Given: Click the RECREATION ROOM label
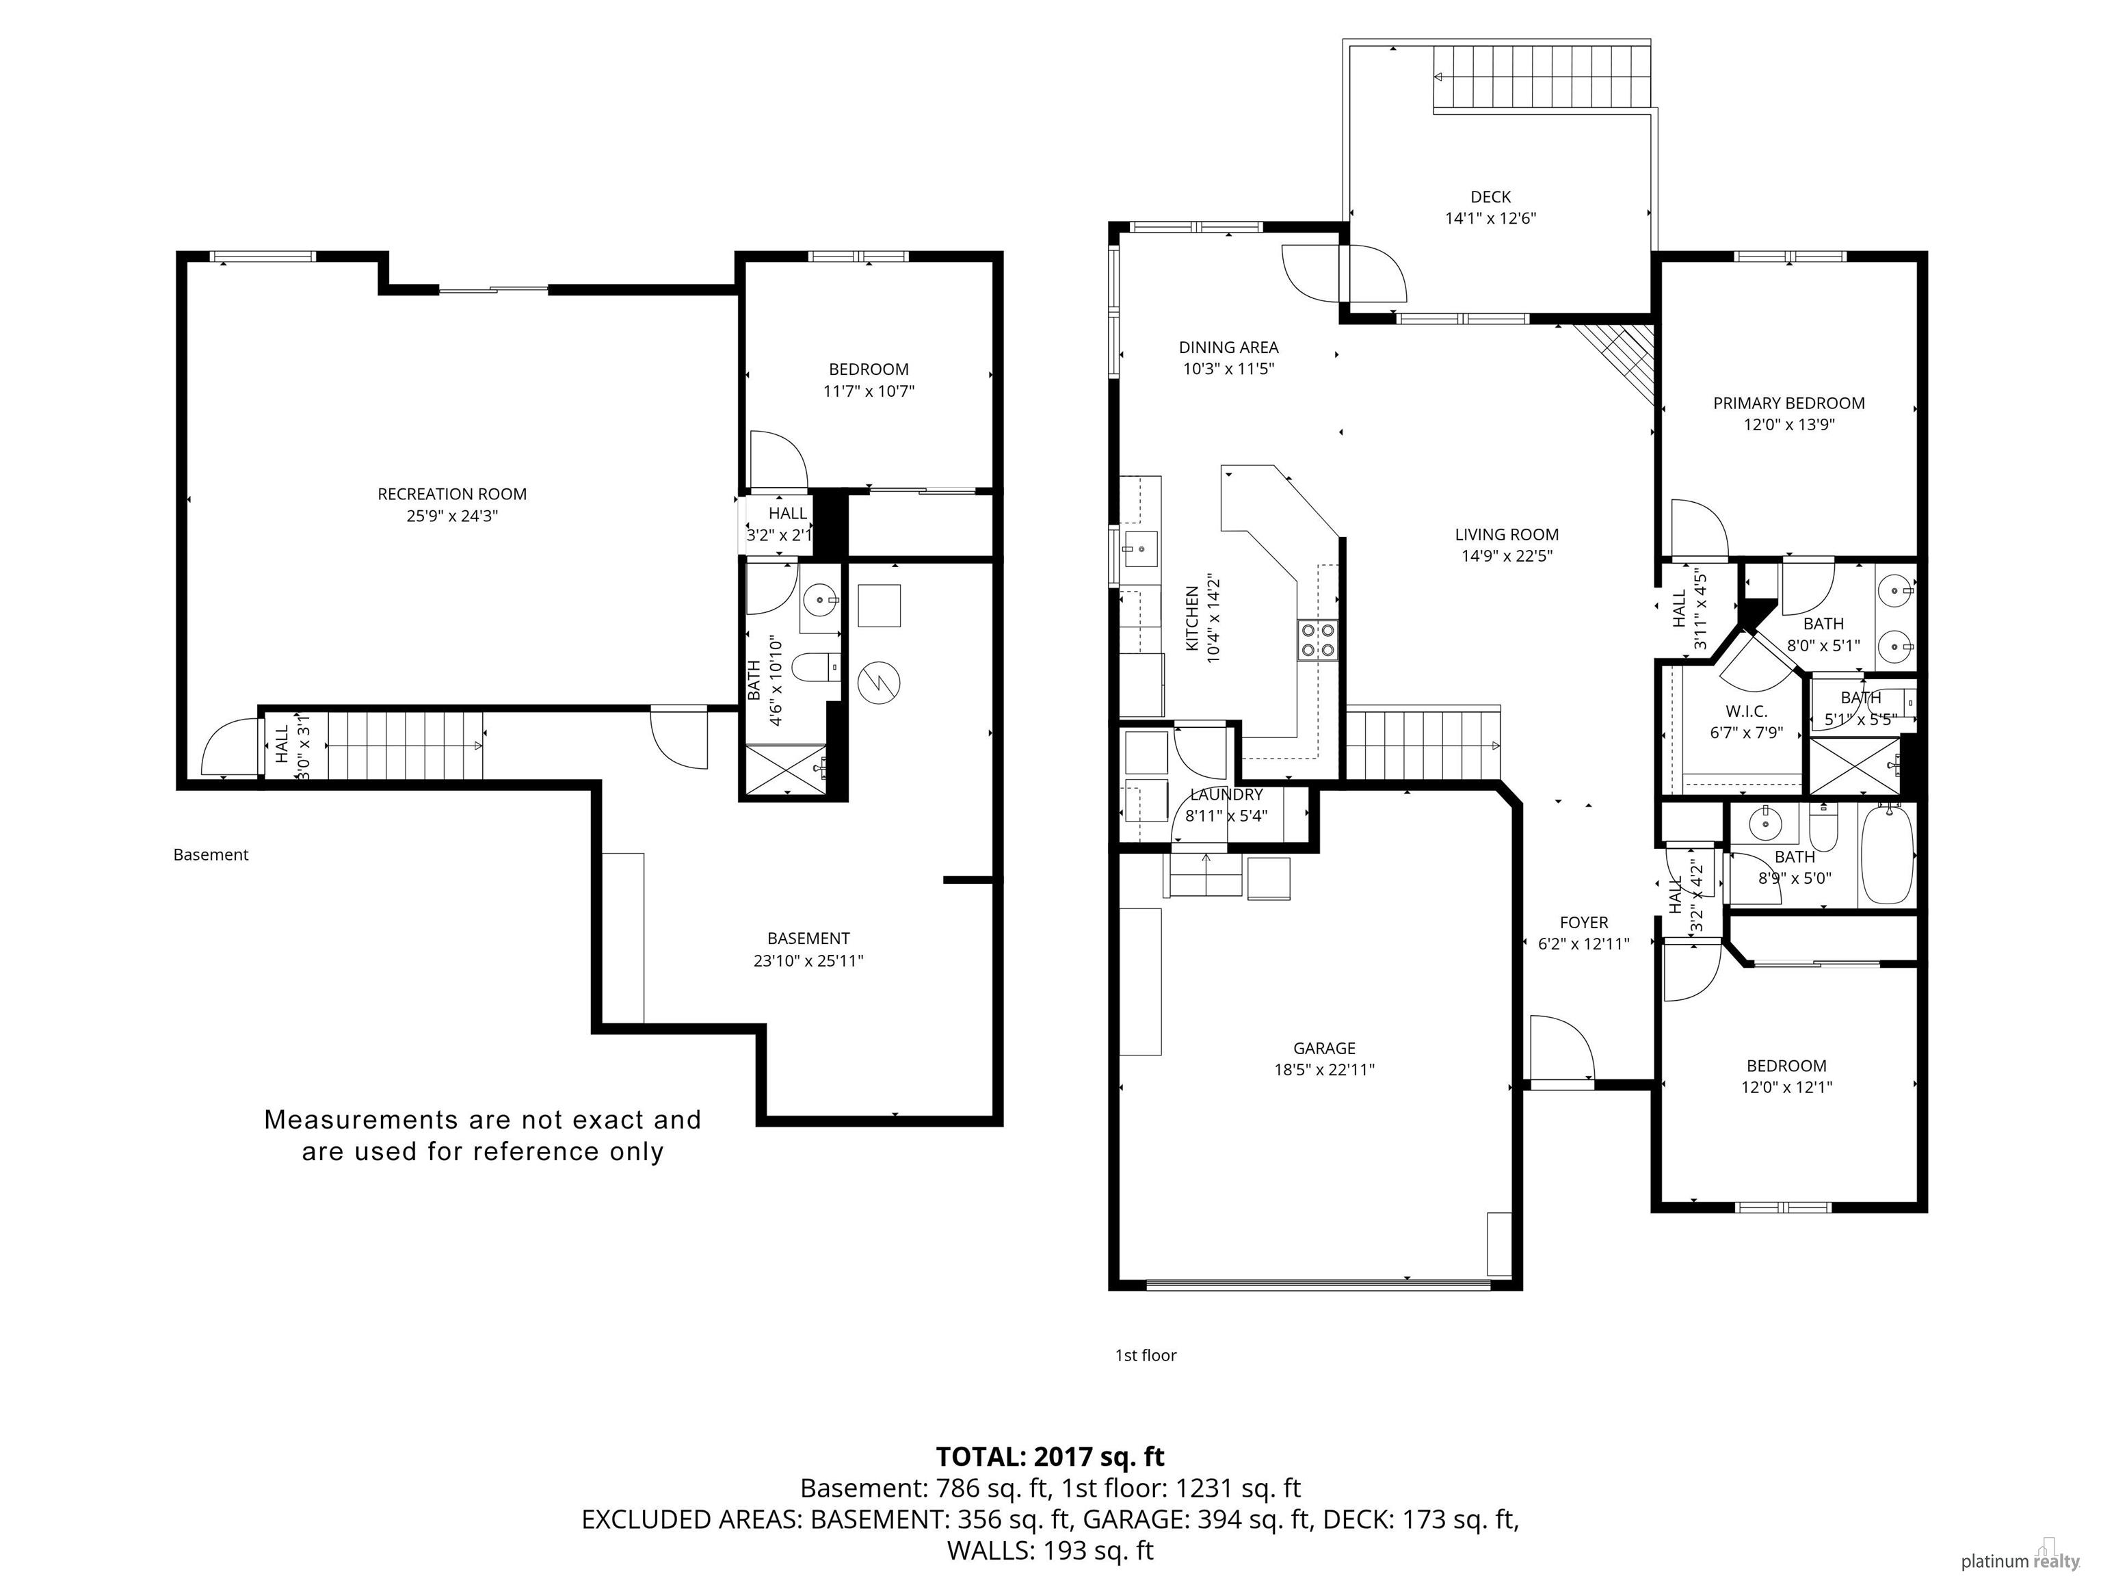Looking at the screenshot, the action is click(x=452, y=494).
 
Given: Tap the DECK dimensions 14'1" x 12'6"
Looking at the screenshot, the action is click(x=1490, y=218).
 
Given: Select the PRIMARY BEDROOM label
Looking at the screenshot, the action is click(x=1788, y=404).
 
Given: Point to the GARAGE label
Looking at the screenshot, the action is click(x=1324, y=1048).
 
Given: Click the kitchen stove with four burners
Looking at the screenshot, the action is click(x=1317, y=640).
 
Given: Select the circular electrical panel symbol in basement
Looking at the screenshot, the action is click(x=879, y=681).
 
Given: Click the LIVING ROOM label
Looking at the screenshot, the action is click(x=1507, y=535).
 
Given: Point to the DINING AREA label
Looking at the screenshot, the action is click(x=1228, y=347).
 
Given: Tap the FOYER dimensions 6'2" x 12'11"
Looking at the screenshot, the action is click(x=1583, y=944).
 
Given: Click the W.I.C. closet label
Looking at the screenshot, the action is click(x=1746, y=711).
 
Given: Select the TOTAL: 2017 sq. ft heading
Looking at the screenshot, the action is click(x=1050, y=1456).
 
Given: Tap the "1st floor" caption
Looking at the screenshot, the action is click(x=1146, y=1356).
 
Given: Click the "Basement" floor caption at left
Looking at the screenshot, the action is click(x=211, y=855).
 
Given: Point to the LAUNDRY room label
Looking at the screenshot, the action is click(x=1226, y=794).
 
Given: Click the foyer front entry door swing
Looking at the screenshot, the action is click(x=1561, y=1048).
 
